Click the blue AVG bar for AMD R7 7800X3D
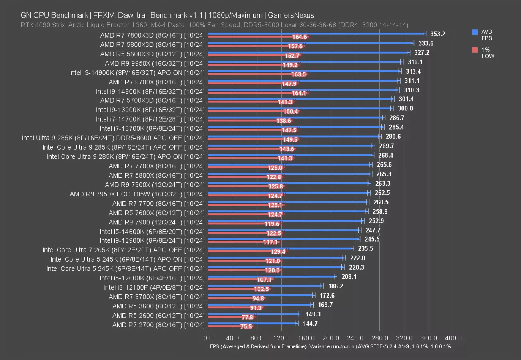316,34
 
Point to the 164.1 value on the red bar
299,93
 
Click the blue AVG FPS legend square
475,32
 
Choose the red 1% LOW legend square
475,50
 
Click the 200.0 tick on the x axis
331,338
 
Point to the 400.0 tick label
453,338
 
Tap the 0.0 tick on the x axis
208,338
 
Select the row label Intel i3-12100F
154,287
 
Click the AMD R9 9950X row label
155,63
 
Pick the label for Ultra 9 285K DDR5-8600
114,138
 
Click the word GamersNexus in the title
291,16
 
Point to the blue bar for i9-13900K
300,108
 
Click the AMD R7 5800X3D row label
152,44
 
